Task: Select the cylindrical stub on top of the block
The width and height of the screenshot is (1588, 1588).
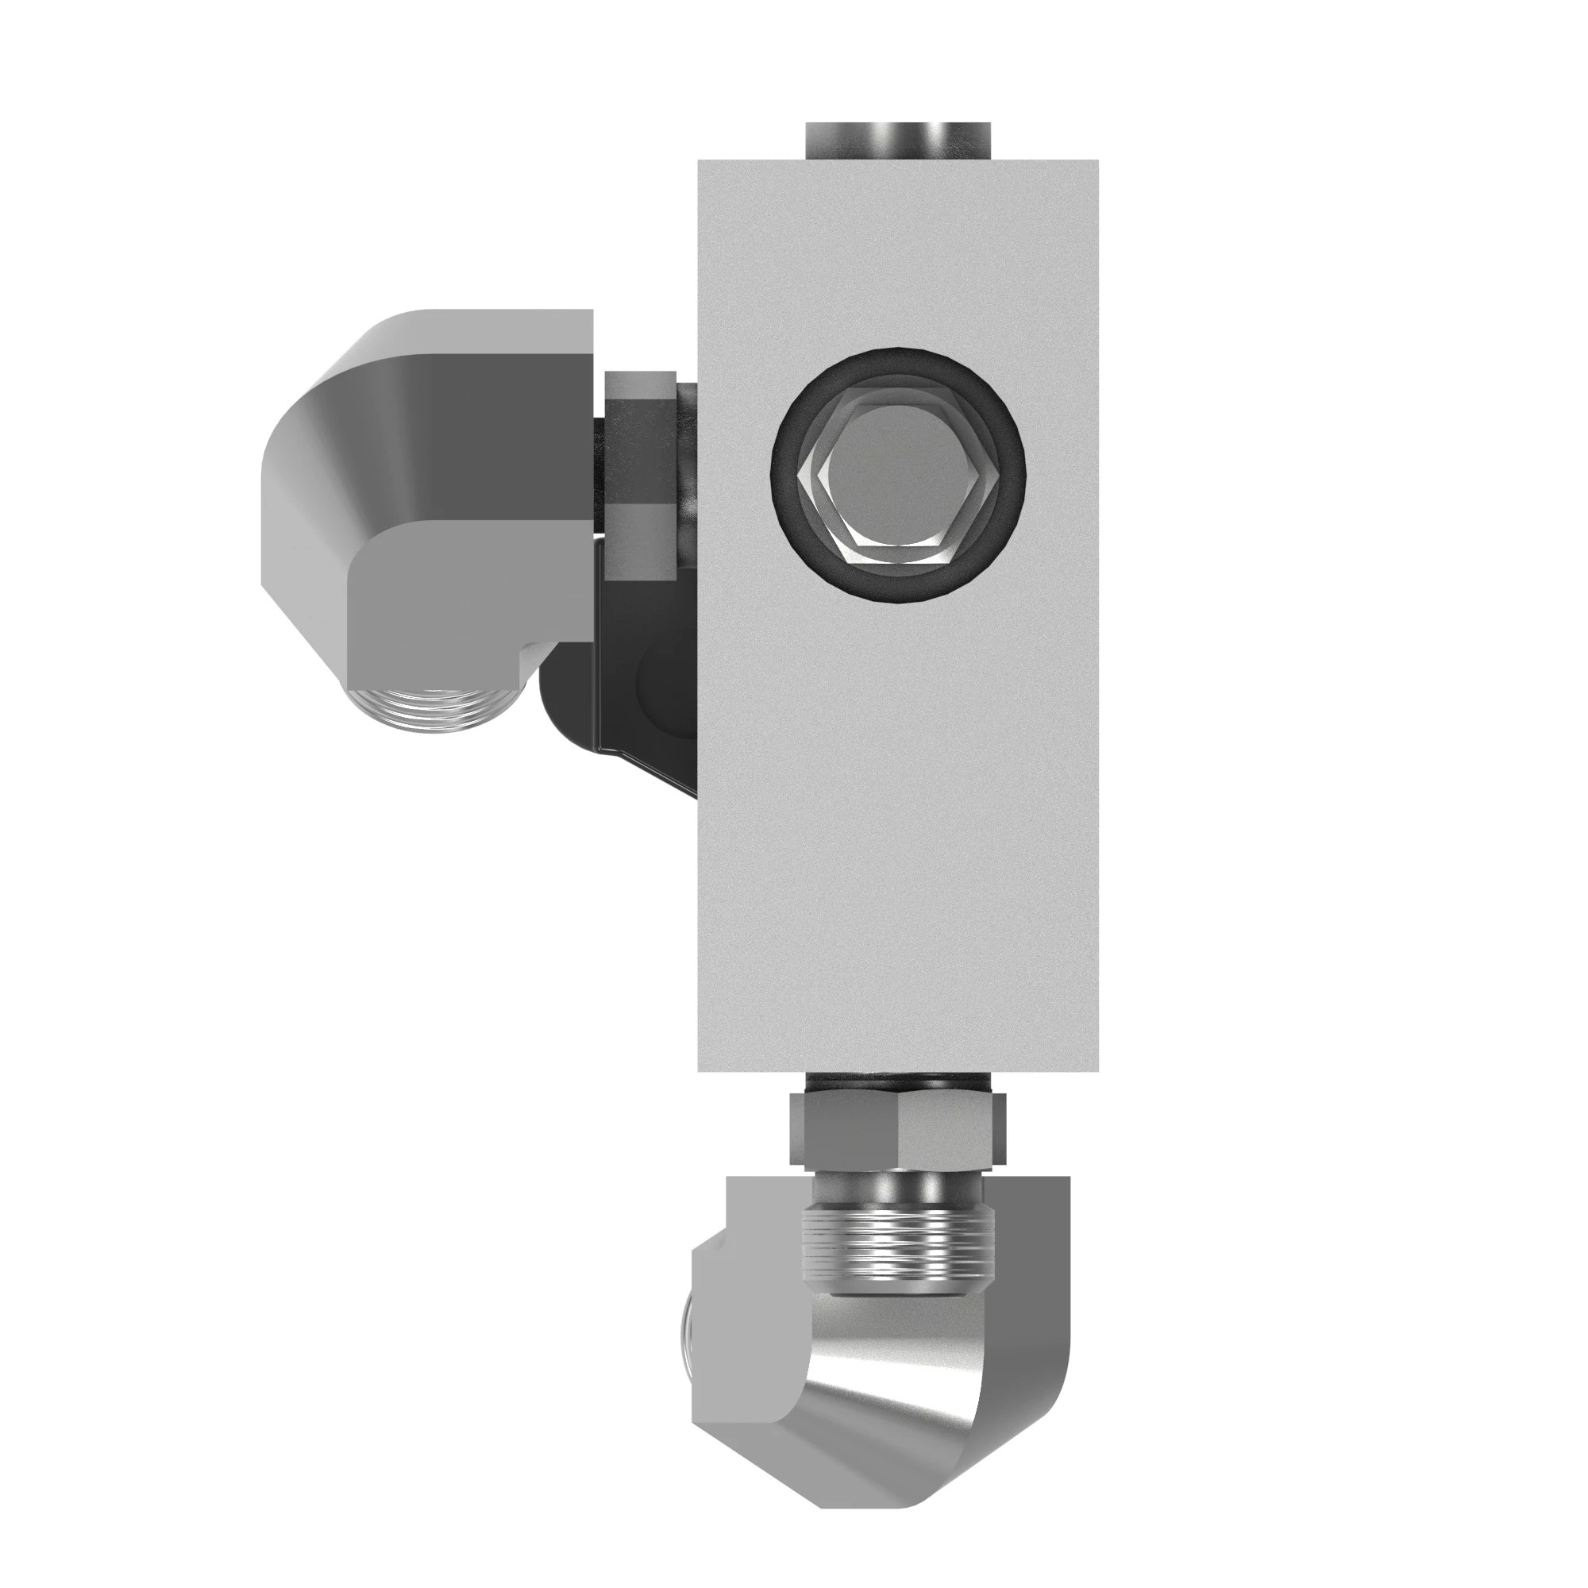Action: pyautogui.click(x=897, y=141)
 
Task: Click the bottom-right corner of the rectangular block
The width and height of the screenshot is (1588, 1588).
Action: pyautogui.click(x=1097, y=1071)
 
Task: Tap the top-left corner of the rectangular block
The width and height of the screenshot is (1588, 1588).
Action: pyautogui.click(x=700, y=162)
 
